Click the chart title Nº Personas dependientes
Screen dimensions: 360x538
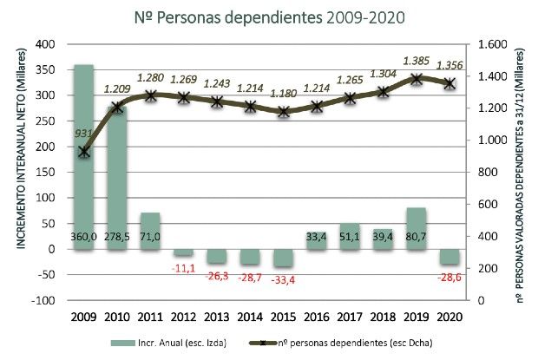coord(270,16)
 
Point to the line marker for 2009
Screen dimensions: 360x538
coord(83,152)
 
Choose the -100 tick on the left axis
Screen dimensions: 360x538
coord(41,300)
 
